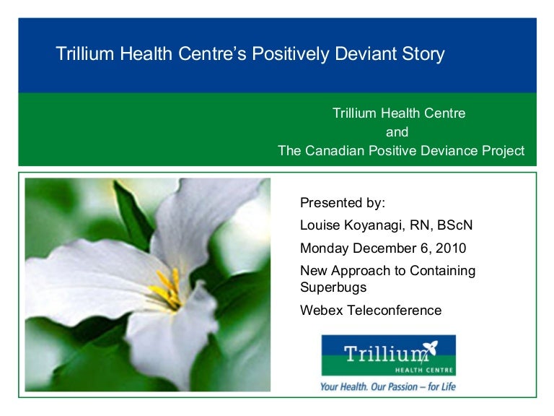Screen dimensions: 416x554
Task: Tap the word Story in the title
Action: click(425, 54)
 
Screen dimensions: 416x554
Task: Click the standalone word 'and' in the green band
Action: click(397, 132)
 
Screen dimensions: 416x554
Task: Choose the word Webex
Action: click(319, 311)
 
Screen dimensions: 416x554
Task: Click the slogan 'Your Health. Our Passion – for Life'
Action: click(388, 386)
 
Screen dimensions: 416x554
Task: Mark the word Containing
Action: click(443, 271)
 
